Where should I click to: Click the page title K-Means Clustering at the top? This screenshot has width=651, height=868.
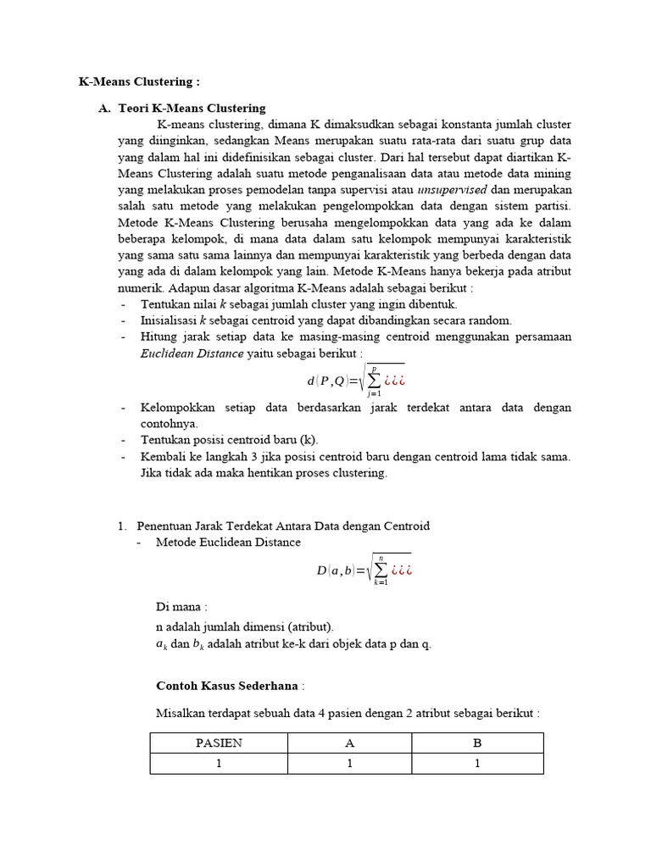coord(139,82)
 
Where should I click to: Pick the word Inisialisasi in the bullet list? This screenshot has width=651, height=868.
coord(170,320)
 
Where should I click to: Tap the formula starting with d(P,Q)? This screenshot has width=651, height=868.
coord(357,381)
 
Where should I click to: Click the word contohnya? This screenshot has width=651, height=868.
coord(169,423)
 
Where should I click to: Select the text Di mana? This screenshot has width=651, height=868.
coord(181,607)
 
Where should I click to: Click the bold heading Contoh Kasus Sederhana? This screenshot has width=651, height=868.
coord(228,685)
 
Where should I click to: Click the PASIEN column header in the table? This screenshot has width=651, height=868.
coord(219,743)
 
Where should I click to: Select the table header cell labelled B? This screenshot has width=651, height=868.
coord(477,743)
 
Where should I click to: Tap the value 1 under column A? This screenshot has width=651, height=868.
coord(348,763)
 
